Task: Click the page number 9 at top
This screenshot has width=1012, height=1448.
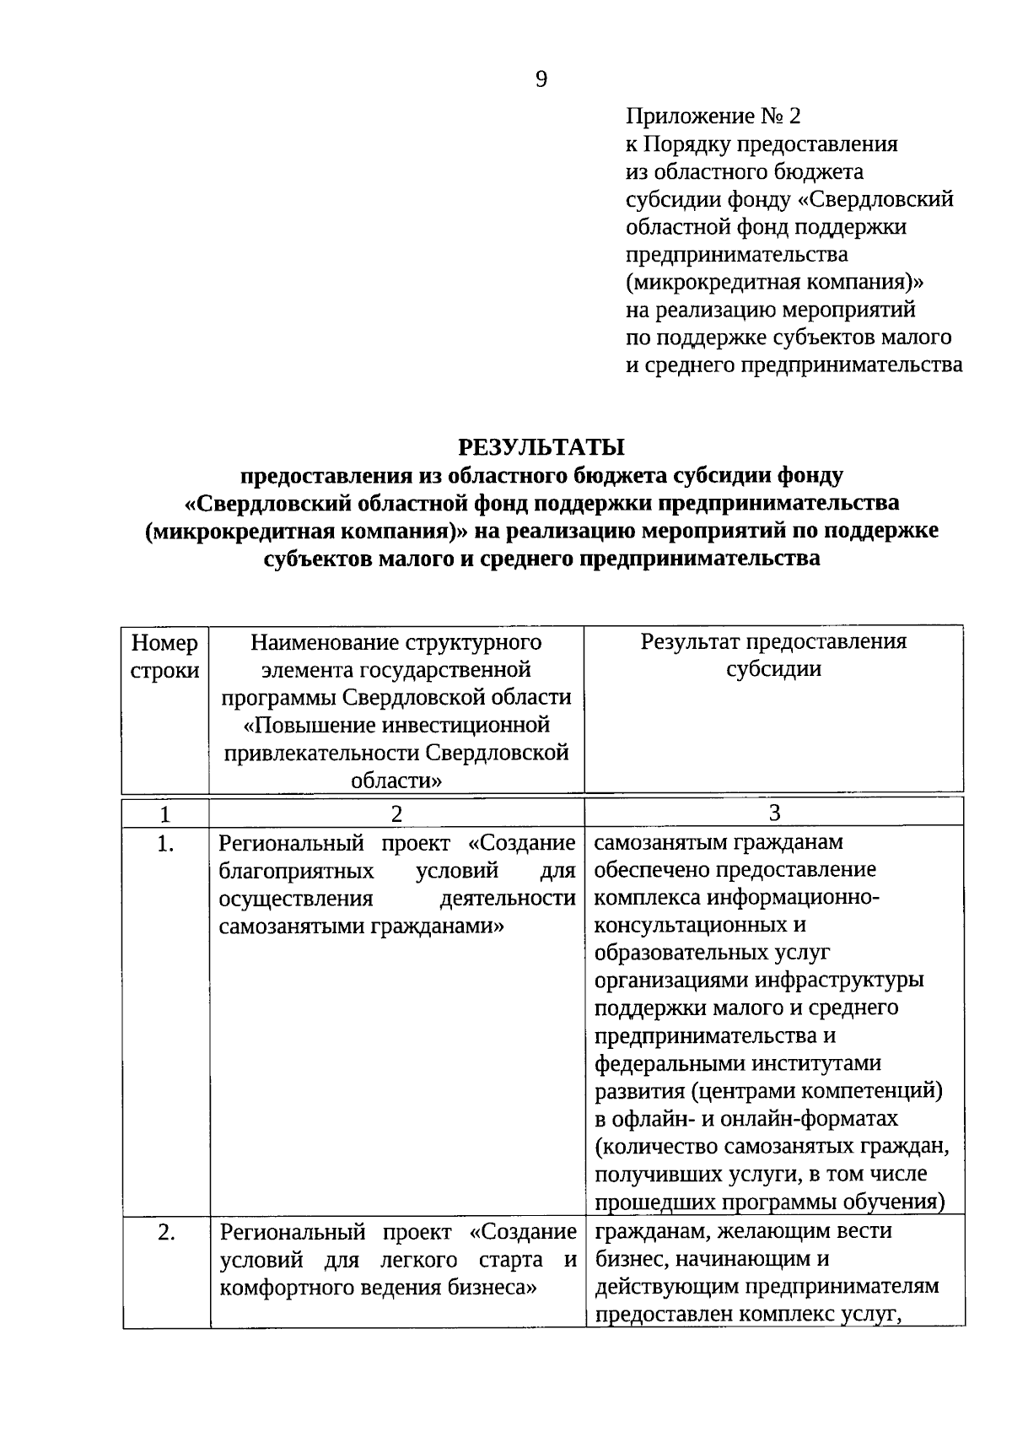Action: tap(541, 79)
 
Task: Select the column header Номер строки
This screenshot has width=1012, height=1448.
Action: tap(165, 656)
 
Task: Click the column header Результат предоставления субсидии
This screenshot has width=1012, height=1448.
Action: tap(773, 655)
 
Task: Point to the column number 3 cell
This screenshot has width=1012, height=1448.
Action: tap(774, 813)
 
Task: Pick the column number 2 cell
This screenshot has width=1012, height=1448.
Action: tap(396, 813)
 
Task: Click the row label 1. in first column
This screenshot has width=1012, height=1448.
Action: tap(166, 843)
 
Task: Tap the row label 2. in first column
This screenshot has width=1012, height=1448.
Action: tap(166, 1232)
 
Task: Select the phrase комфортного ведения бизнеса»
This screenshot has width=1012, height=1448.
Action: tap(378, 1288)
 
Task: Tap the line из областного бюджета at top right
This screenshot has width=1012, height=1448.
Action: tap(745, 171)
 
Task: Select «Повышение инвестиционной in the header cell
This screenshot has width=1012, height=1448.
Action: tap(396, 725)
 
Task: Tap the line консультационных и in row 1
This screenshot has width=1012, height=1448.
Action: tap(700, 925)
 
